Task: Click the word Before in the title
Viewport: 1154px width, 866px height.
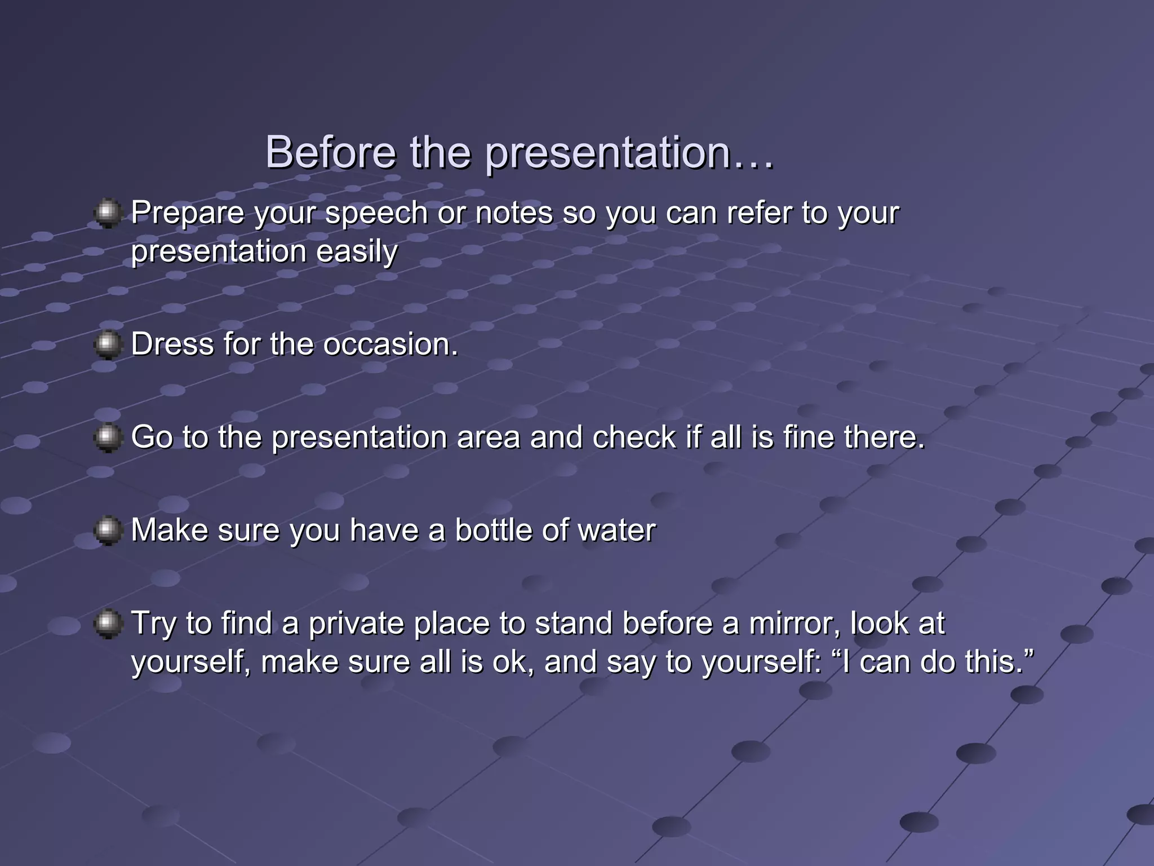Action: pos(331,152)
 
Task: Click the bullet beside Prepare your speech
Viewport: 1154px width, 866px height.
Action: pos(107,213)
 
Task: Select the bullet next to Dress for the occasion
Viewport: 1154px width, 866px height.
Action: pos(107,345)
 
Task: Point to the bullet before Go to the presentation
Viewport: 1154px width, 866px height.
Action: pos(107,438)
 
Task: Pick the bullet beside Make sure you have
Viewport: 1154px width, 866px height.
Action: pos(107,531)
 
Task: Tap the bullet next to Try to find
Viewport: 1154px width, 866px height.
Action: pos(107,624)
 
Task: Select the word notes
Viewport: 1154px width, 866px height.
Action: pos(514,213)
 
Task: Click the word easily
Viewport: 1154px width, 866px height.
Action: pos(357,252)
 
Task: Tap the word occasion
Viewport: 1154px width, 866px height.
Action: pos(390,344)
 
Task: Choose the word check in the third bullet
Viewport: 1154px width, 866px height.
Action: pos(634,438)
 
